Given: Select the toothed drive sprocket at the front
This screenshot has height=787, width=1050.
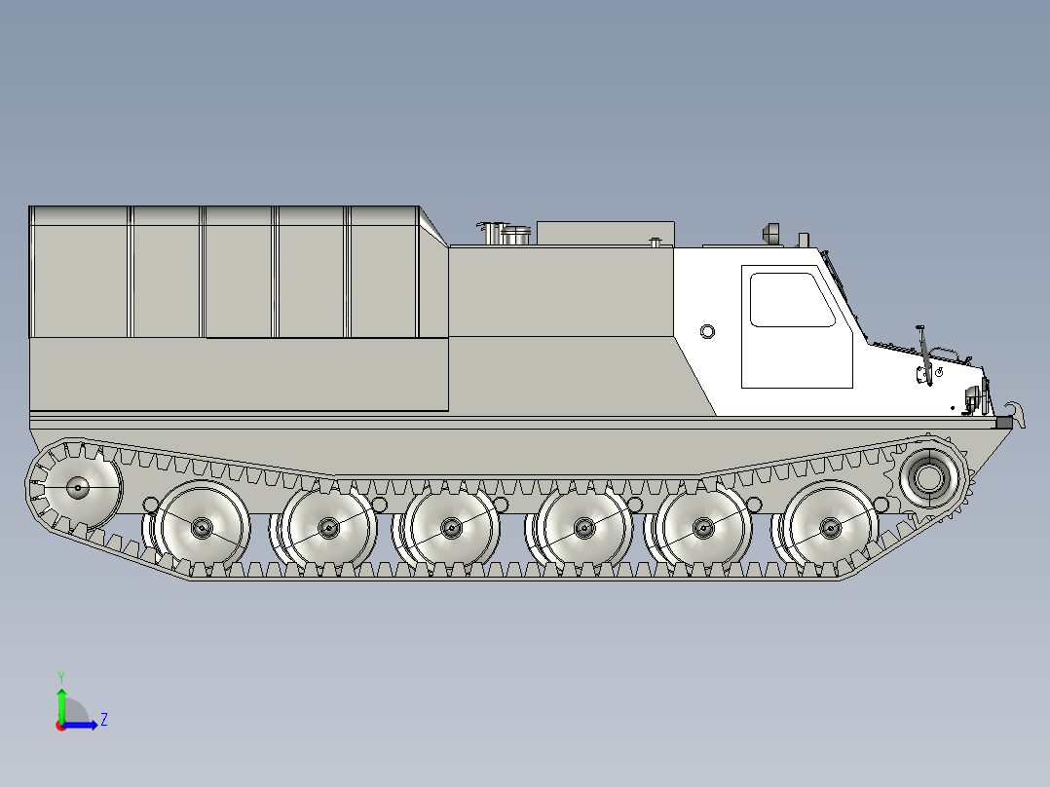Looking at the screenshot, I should click(931, 478).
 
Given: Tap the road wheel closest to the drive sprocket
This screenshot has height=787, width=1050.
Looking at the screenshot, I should click(830, 527).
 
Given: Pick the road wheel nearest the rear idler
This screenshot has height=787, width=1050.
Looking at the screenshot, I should click(202, 528).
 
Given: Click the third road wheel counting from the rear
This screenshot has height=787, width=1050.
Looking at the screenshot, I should click(451, 528).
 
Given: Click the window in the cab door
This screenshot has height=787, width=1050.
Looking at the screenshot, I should click(792, 300).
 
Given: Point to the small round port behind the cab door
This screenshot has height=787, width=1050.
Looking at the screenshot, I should click(707, 331).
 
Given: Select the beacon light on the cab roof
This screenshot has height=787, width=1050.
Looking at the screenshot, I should click(770, 234).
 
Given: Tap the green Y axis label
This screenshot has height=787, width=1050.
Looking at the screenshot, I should click(60, 676).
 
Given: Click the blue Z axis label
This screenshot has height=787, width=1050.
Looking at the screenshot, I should click(103, 720).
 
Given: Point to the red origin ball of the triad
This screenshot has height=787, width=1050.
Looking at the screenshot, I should click(60, 726).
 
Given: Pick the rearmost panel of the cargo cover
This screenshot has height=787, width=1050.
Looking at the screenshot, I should click(80, 272).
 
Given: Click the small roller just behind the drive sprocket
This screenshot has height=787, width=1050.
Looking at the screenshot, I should click(881, 504).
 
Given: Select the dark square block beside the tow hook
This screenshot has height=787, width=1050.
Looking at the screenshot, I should click(1003, 423).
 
